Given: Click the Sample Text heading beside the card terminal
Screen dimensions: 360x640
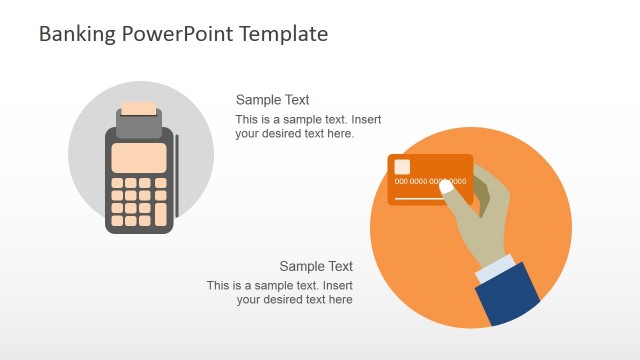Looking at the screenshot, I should coord(272,100).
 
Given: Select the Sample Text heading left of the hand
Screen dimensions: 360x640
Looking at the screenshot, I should coord(316,266).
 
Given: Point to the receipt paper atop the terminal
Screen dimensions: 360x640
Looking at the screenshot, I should coord(139,108).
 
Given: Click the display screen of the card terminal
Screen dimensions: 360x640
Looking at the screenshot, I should coord(139,158).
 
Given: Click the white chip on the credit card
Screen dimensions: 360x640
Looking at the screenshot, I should coord(402,167).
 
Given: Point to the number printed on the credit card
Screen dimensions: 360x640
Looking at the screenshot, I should coord(430,182).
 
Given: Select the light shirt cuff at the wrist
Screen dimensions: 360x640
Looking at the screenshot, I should coord(497,268).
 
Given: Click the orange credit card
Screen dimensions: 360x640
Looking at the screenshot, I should coord(420,190).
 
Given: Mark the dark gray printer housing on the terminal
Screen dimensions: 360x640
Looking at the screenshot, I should coord(139,125).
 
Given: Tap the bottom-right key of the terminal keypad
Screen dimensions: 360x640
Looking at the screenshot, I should coord(160,220).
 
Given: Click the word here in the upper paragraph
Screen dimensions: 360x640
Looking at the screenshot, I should coord(341,134).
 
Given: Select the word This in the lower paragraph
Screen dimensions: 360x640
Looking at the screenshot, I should coord(218,286).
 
